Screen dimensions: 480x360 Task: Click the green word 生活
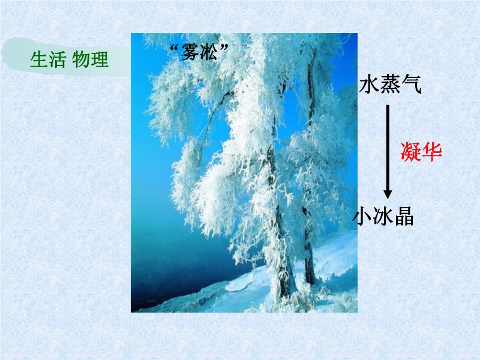click(48, 59)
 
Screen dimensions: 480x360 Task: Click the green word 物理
click(91, 59)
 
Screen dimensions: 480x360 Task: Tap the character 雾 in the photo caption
click(190, 52)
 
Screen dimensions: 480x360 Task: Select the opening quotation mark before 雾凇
click(175, 47)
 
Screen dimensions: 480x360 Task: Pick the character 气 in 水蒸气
click(411, 84)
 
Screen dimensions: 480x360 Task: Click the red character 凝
click(411, 152)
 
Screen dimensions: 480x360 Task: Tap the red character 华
click(432, 152)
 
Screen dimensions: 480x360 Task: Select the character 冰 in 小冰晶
click(383, 217)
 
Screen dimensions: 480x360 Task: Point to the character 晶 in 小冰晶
click(404, 217)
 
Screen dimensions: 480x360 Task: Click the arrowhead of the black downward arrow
click(388, 194)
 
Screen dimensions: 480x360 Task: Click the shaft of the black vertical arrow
click(388, 148)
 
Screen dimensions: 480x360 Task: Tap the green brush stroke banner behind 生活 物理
click(66, 58)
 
